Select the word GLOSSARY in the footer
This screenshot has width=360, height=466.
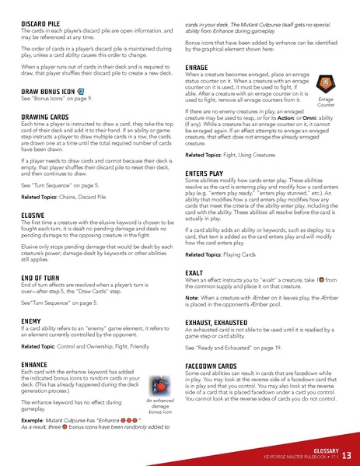(321, 450)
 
